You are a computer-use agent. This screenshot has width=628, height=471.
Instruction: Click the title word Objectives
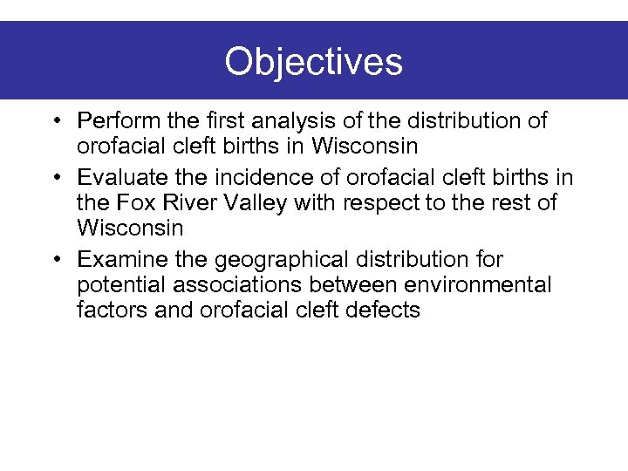(313, 62)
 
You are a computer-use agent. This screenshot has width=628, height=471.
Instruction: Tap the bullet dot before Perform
(56, 120)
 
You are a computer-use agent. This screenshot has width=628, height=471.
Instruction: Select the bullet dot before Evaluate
(56, 178)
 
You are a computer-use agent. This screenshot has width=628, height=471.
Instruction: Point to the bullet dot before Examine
(56, 260)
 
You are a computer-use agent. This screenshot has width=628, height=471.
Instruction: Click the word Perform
(113, 120)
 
